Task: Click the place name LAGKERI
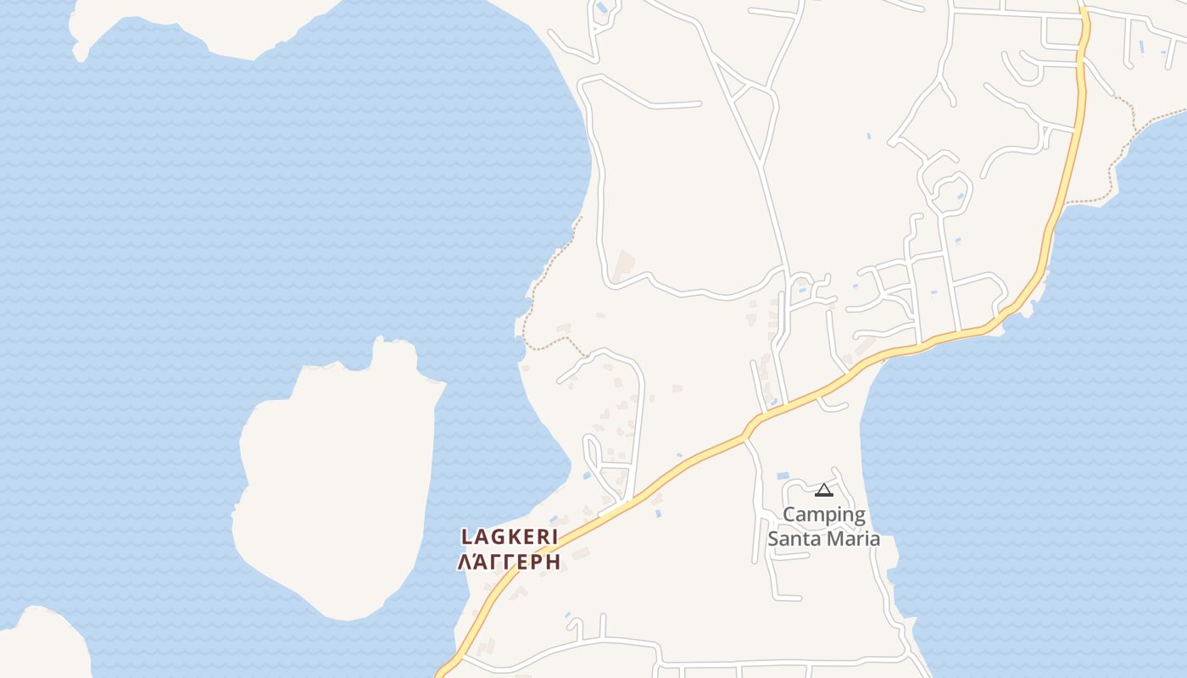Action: click(x=510, y=536)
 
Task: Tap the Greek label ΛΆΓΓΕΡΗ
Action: click(x=509, y=562)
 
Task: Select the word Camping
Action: click(x=824, y=514)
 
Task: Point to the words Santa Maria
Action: click(x=823, y=539)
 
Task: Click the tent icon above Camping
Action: click(x=823, y=490)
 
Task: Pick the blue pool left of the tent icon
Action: click(x=783, y=476)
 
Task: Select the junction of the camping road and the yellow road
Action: click(x=744, y=436)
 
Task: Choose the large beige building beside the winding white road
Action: click(x=625, y=264)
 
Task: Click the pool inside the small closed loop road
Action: click(x=960, y=197)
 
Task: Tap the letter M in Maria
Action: click(x=834, y=539)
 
